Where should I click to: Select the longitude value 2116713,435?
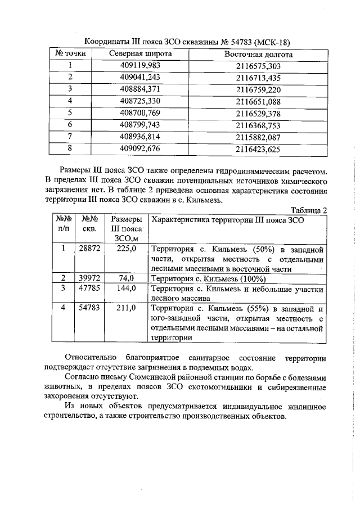[258, 78]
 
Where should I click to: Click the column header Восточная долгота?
[258, 54]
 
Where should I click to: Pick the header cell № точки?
[70, 54]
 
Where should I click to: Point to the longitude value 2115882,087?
[258, 137]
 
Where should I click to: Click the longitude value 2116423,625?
[258, 149]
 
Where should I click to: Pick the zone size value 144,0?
[126, 288]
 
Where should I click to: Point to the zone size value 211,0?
[126, 308]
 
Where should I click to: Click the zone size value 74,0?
[126, 278]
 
